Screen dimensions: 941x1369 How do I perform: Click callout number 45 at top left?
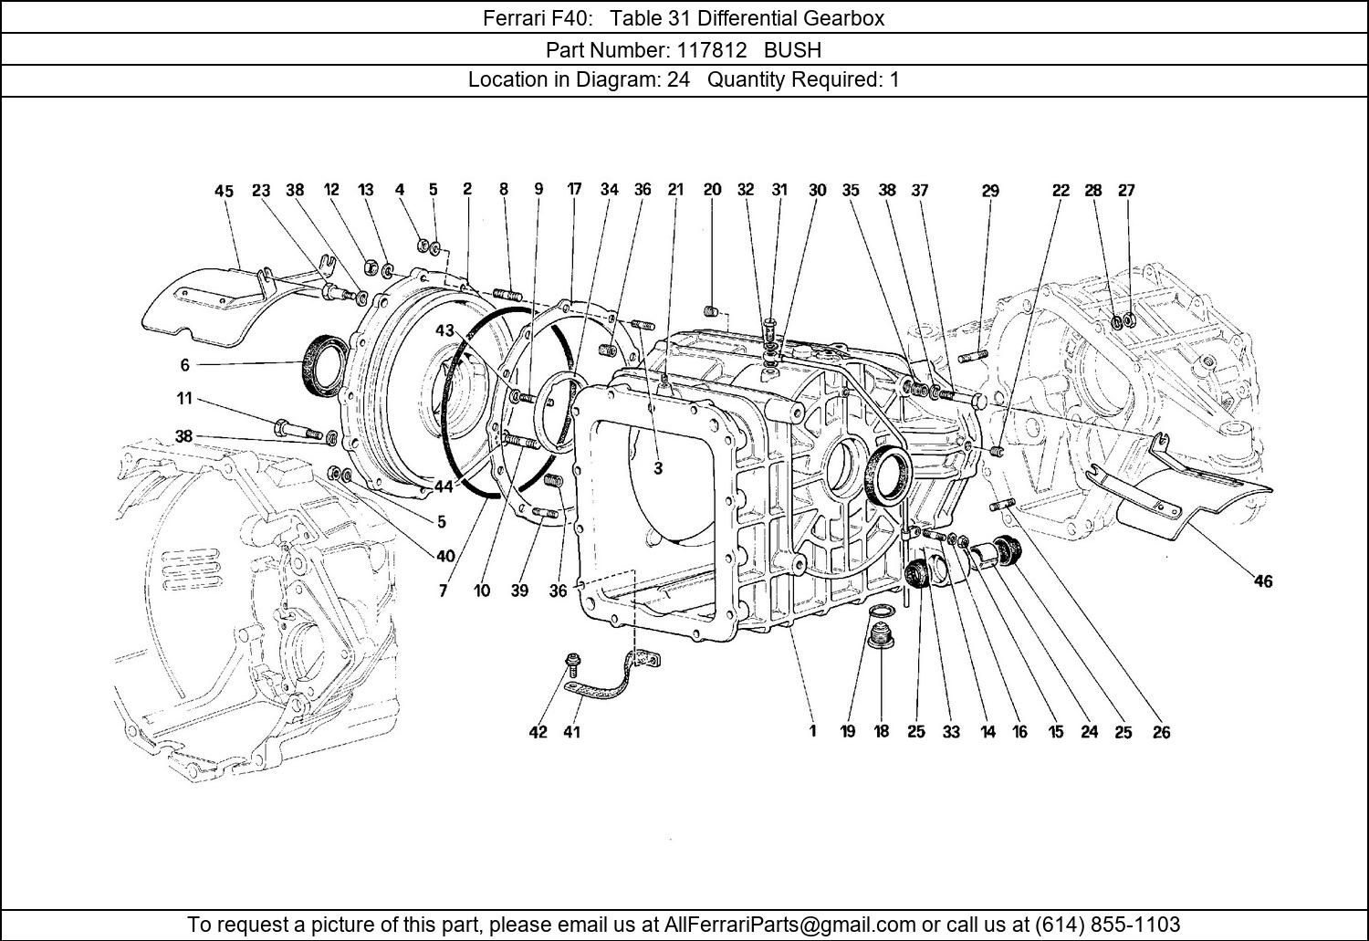224,191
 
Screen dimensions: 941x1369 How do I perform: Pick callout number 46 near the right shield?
1262,581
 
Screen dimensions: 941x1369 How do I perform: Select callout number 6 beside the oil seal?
184,365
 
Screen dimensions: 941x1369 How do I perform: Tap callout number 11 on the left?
184,399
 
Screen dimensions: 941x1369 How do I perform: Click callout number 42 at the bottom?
538,732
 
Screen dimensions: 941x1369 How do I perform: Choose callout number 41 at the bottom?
571,732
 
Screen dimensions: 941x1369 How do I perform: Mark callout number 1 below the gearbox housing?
812,731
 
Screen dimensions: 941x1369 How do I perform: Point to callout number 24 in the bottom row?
1089,732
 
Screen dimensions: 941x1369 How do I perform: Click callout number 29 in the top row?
990,191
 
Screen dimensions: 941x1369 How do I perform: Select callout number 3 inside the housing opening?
657,468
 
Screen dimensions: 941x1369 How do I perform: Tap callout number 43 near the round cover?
444,330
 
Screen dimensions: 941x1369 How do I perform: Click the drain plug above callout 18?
882,636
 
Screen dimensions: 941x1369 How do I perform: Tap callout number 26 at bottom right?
1161,732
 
